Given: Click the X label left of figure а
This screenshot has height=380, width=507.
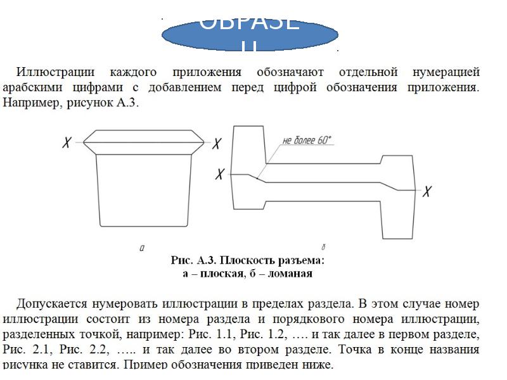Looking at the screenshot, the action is pyautogui.click(x=67, y=144).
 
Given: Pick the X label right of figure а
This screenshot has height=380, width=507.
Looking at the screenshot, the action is pyautogui.click(x=217, y=144).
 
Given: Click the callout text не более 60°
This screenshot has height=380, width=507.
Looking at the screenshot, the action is pyautogui.click(x=307, y=141).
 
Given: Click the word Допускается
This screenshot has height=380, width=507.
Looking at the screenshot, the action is pyautogui.click(x=53, y=304).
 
